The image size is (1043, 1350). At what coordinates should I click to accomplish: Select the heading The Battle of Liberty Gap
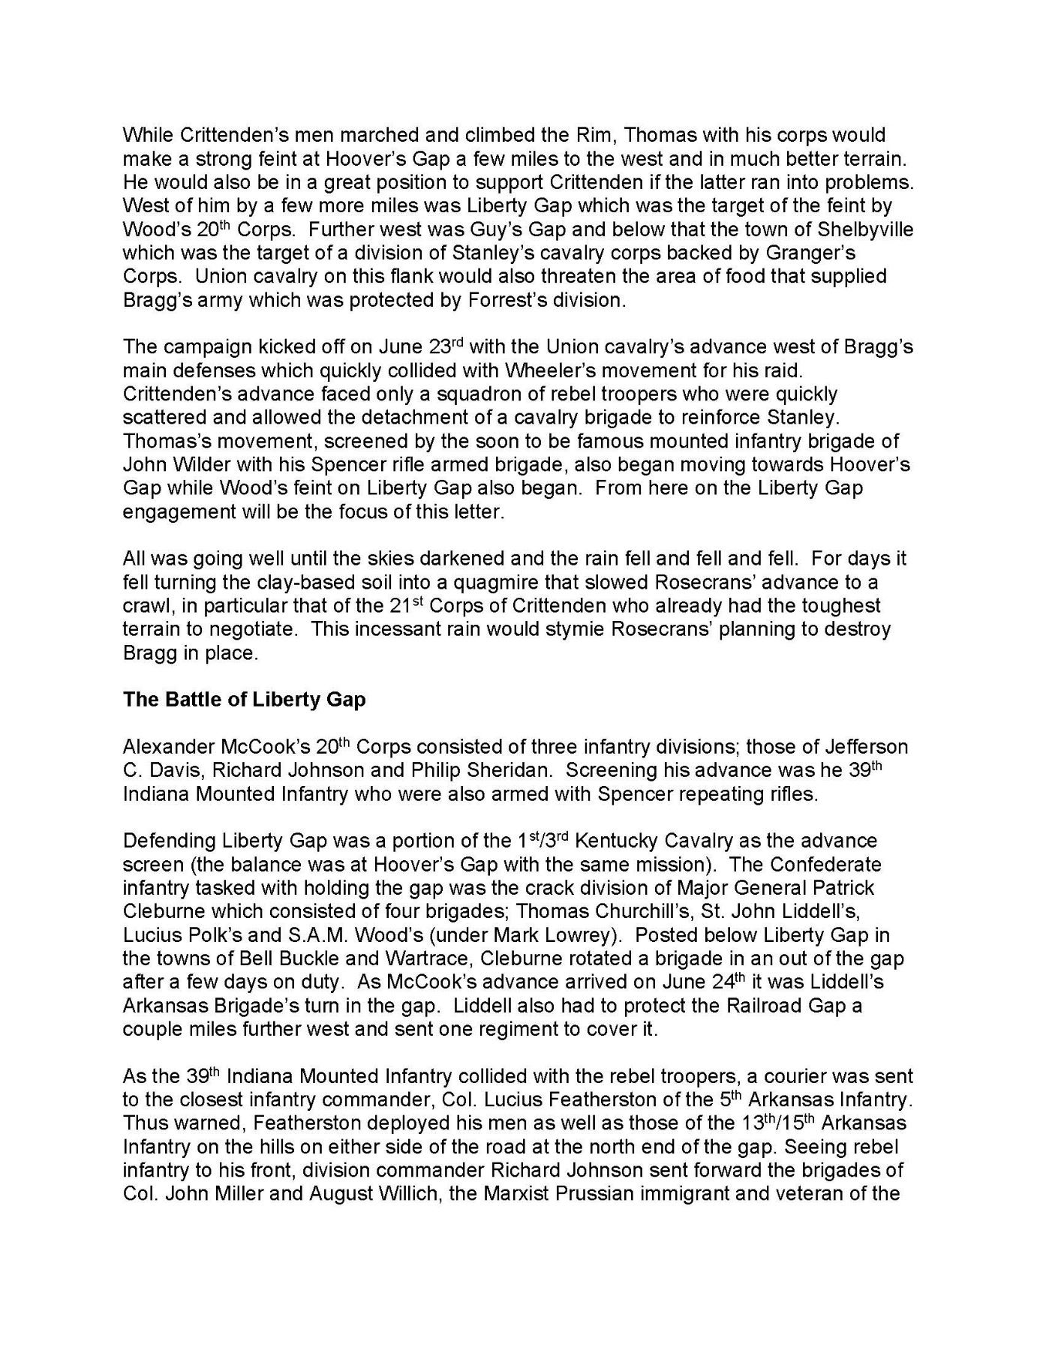[x=244, y=700]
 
